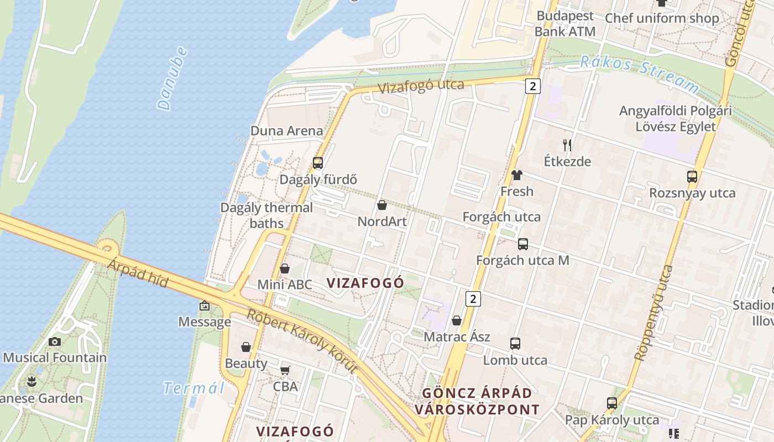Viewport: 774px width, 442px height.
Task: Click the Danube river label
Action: (172, 78)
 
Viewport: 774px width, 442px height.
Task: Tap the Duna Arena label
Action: (286, 131)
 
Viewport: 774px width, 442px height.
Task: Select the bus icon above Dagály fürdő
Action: (317, 162)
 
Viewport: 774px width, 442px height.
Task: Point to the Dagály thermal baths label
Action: (266, 215)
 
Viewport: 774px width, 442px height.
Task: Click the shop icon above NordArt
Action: (381, 206)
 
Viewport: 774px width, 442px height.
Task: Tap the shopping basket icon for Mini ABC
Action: (285, 269)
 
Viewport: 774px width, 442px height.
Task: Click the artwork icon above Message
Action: (205, 306)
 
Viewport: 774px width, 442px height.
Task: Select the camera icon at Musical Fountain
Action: (54, 341)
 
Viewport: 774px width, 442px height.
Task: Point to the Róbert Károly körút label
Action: (302, 341)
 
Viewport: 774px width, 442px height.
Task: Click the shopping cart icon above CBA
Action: (285, 370)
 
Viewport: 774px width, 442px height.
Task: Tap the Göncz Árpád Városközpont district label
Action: (477, 401)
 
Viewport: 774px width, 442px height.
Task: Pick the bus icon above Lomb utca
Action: (515, 344)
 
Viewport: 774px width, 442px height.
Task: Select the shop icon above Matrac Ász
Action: (457, 320)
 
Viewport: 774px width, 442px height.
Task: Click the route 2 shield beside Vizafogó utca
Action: (532, 86)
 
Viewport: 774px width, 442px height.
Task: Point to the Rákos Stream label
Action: (640, 72)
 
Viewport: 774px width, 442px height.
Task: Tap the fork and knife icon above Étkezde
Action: (567, 145)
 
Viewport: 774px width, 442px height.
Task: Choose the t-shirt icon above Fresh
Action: (517, 176)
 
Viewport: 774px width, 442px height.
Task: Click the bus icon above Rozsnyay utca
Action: (692, 177)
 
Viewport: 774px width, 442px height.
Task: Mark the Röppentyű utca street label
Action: (654, 313)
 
